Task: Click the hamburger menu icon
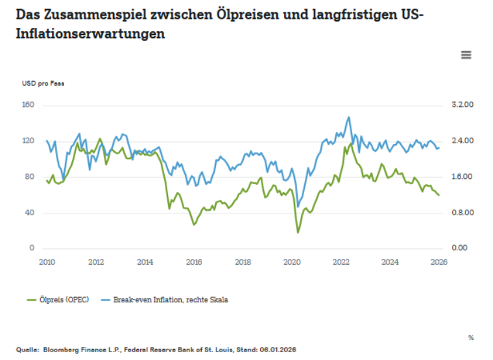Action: click(466, 55)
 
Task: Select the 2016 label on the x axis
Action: click(194, 262)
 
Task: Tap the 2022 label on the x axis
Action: click(341, 262)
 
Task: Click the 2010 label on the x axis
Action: click(47, 262)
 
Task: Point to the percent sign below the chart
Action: click(470, 337)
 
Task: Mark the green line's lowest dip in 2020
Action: click(298, 232)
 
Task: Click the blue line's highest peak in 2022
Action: click(349, 117)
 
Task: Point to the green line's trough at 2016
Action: click(194, 224)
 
